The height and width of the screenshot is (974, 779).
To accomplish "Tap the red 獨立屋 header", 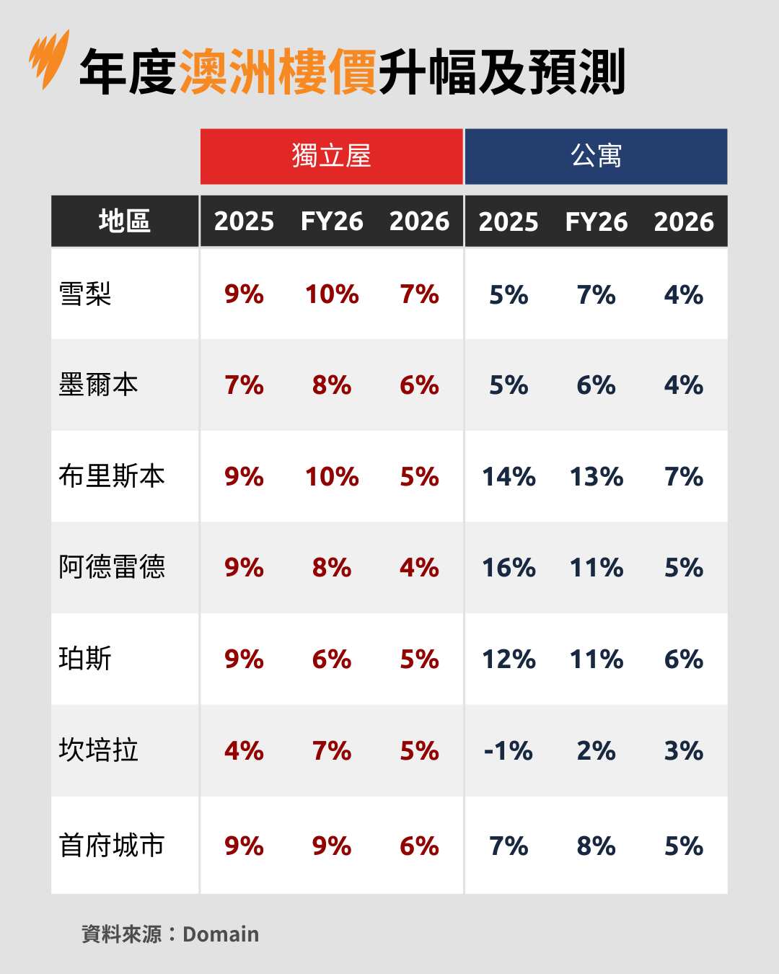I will point(331,157).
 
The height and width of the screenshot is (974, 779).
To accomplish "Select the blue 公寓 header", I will point(596,157).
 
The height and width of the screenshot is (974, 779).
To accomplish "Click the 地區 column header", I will point(125,221).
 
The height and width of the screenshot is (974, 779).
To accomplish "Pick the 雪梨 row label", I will point(85,294).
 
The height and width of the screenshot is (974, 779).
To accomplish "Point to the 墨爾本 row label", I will point(98,385).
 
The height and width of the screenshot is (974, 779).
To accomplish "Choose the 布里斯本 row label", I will point(112,476).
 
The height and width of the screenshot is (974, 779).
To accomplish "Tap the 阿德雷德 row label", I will point(112,567).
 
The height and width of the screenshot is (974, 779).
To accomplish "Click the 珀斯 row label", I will point(85,659).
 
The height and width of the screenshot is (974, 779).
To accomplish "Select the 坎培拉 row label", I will point(98,750).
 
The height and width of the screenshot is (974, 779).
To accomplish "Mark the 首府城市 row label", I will point(112,846).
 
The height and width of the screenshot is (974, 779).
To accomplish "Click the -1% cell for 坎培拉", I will point(509,751).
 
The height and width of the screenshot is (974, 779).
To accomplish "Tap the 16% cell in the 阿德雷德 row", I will point(509,568).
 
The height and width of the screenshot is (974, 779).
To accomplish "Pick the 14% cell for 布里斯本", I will point(509,477).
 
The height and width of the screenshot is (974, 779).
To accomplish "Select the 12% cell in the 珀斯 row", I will point(509,659).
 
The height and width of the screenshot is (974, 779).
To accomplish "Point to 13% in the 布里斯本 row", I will point(597,477).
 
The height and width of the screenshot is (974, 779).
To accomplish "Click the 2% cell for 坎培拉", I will point(597,751).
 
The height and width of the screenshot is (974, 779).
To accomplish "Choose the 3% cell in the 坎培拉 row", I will point(684,751).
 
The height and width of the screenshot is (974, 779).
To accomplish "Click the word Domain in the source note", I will point(221,934).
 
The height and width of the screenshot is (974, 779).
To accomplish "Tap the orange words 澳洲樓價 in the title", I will point(278,72).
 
